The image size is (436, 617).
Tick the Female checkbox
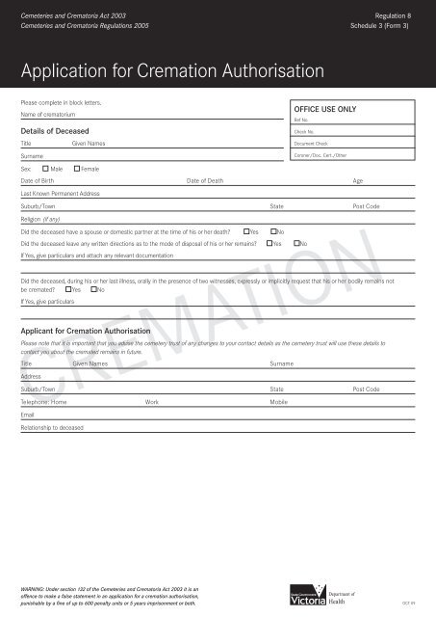pos(76,169)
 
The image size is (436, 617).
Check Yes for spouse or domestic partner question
pos(246,231)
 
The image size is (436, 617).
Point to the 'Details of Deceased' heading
pos(55,129)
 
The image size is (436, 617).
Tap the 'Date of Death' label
pos(204,180)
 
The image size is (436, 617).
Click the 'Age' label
pos(358,180)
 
